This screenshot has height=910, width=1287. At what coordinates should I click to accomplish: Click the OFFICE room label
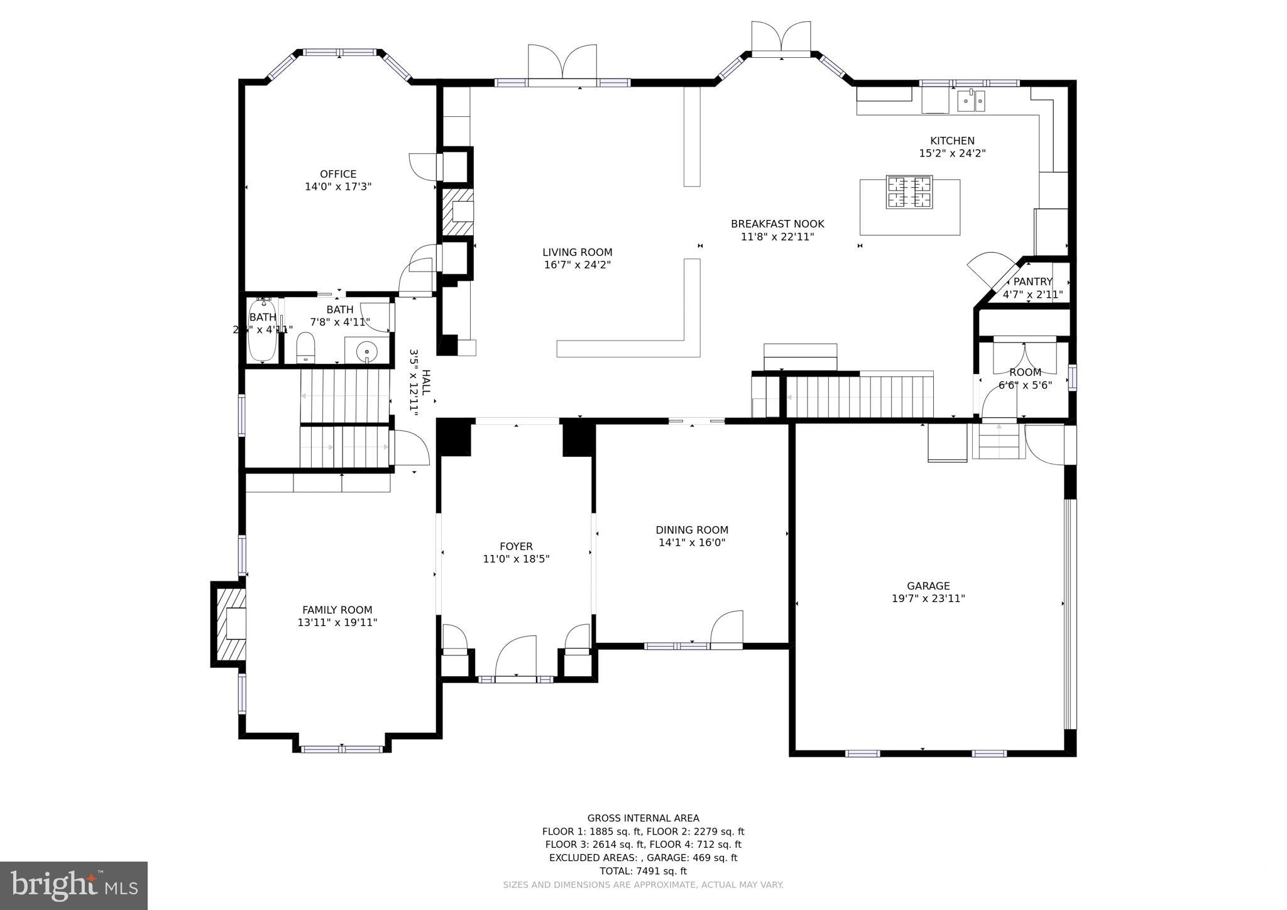[338, 174]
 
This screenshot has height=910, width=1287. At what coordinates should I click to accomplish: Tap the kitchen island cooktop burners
[909, 192]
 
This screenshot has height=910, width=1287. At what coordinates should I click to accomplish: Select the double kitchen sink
[971, 101]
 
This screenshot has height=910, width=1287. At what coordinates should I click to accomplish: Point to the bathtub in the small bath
[262, 331]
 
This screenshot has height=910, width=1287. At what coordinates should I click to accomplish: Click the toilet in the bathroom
[305, 348]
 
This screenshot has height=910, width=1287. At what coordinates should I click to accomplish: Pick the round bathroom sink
[366, 349]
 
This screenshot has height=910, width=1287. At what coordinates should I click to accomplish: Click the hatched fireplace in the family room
[230, 623]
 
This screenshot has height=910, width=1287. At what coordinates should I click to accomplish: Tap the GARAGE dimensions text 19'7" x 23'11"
[928, 599]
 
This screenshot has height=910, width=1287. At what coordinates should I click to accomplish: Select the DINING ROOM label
[692, 530]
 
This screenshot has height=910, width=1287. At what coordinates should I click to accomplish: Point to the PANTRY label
[1032, 282]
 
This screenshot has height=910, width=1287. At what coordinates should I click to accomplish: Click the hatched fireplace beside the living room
[457, 212]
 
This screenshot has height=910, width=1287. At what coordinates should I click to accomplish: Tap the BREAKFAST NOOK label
[777, 224]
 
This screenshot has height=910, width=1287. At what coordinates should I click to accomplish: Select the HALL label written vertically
[427, 381]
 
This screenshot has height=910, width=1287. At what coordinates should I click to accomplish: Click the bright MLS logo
[74, 886]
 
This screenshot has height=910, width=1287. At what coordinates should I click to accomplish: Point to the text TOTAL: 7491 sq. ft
[643, 871]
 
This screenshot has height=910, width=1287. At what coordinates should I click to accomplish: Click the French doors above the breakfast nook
[781, 38]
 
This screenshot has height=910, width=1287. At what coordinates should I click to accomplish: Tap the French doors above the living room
[562, 63]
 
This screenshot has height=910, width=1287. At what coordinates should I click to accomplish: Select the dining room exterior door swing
[727, 627]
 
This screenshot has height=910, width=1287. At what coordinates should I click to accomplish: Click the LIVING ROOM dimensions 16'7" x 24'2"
[577, 265]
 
